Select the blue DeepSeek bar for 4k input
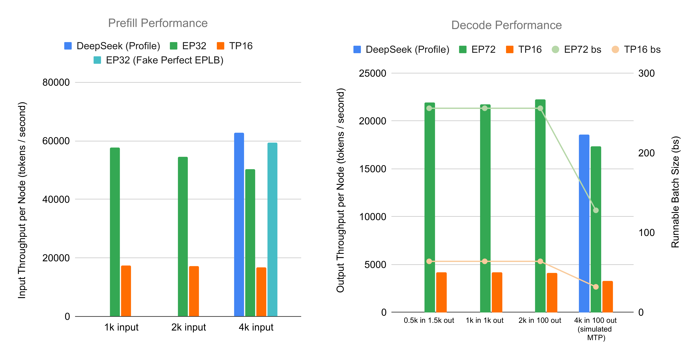239,225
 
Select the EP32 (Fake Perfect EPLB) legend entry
158,60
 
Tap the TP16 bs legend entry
636,50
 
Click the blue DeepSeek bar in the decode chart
584,223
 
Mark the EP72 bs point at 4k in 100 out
596,210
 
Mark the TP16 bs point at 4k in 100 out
596,287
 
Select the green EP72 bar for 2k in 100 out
540,206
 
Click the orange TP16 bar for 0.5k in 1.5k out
441,292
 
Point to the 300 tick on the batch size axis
646,73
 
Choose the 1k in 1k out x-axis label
484,321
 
